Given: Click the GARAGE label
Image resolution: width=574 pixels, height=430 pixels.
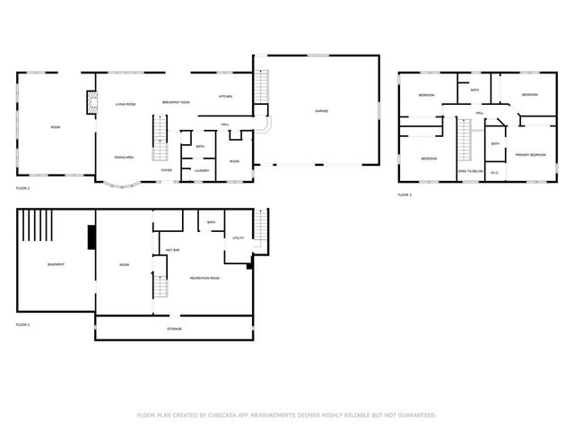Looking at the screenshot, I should pyautogui.click(x=320, y=111).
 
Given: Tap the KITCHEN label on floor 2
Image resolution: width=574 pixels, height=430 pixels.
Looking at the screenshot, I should pyautogui.click(x=226, y=96).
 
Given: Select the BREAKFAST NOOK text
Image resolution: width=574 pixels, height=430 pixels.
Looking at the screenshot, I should pyautogui.click(x=176, y=103).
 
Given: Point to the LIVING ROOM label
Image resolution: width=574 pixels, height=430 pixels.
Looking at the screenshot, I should pyautogui.click(x=126, y=105).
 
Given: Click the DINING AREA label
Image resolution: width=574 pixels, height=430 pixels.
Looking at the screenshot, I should pyautogui.click(x=124, y=157).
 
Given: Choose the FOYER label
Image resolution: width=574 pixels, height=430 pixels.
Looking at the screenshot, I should pyautogui.click(x=167, y=169).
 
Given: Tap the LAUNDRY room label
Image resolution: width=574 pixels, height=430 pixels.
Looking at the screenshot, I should pyautogui.click(x=202, y=170).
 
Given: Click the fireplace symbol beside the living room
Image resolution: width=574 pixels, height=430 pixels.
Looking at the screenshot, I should pyautogui.click(x=91, y=103).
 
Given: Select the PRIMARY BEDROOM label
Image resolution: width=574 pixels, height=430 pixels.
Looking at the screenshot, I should pyautogui.click(x=530, y=155).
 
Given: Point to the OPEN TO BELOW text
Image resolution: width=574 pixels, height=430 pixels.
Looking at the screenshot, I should pyautogui.click(x=471, y=170).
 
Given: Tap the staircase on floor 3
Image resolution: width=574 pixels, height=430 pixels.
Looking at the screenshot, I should pyautogui.click(x=465, y=141).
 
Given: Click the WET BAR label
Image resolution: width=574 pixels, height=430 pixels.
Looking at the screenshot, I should pyautogui.click(x=171, y=249).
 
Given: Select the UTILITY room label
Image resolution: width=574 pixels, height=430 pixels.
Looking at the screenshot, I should pyautogui.click(x=239, y=237).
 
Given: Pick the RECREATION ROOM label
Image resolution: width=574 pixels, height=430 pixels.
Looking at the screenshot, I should pyautogui.click(x=204, y=278).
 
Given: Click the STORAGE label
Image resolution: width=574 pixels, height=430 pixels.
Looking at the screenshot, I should pyautogui.click(x=174, y=329).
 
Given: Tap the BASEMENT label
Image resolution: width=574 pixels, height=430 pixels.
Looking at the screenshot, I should pyautogui.click(x=56, y=264).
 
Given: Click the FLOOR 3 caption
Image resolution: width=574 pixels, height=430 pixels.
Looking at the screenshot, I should pyautogui.click(x=404, y=194).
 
